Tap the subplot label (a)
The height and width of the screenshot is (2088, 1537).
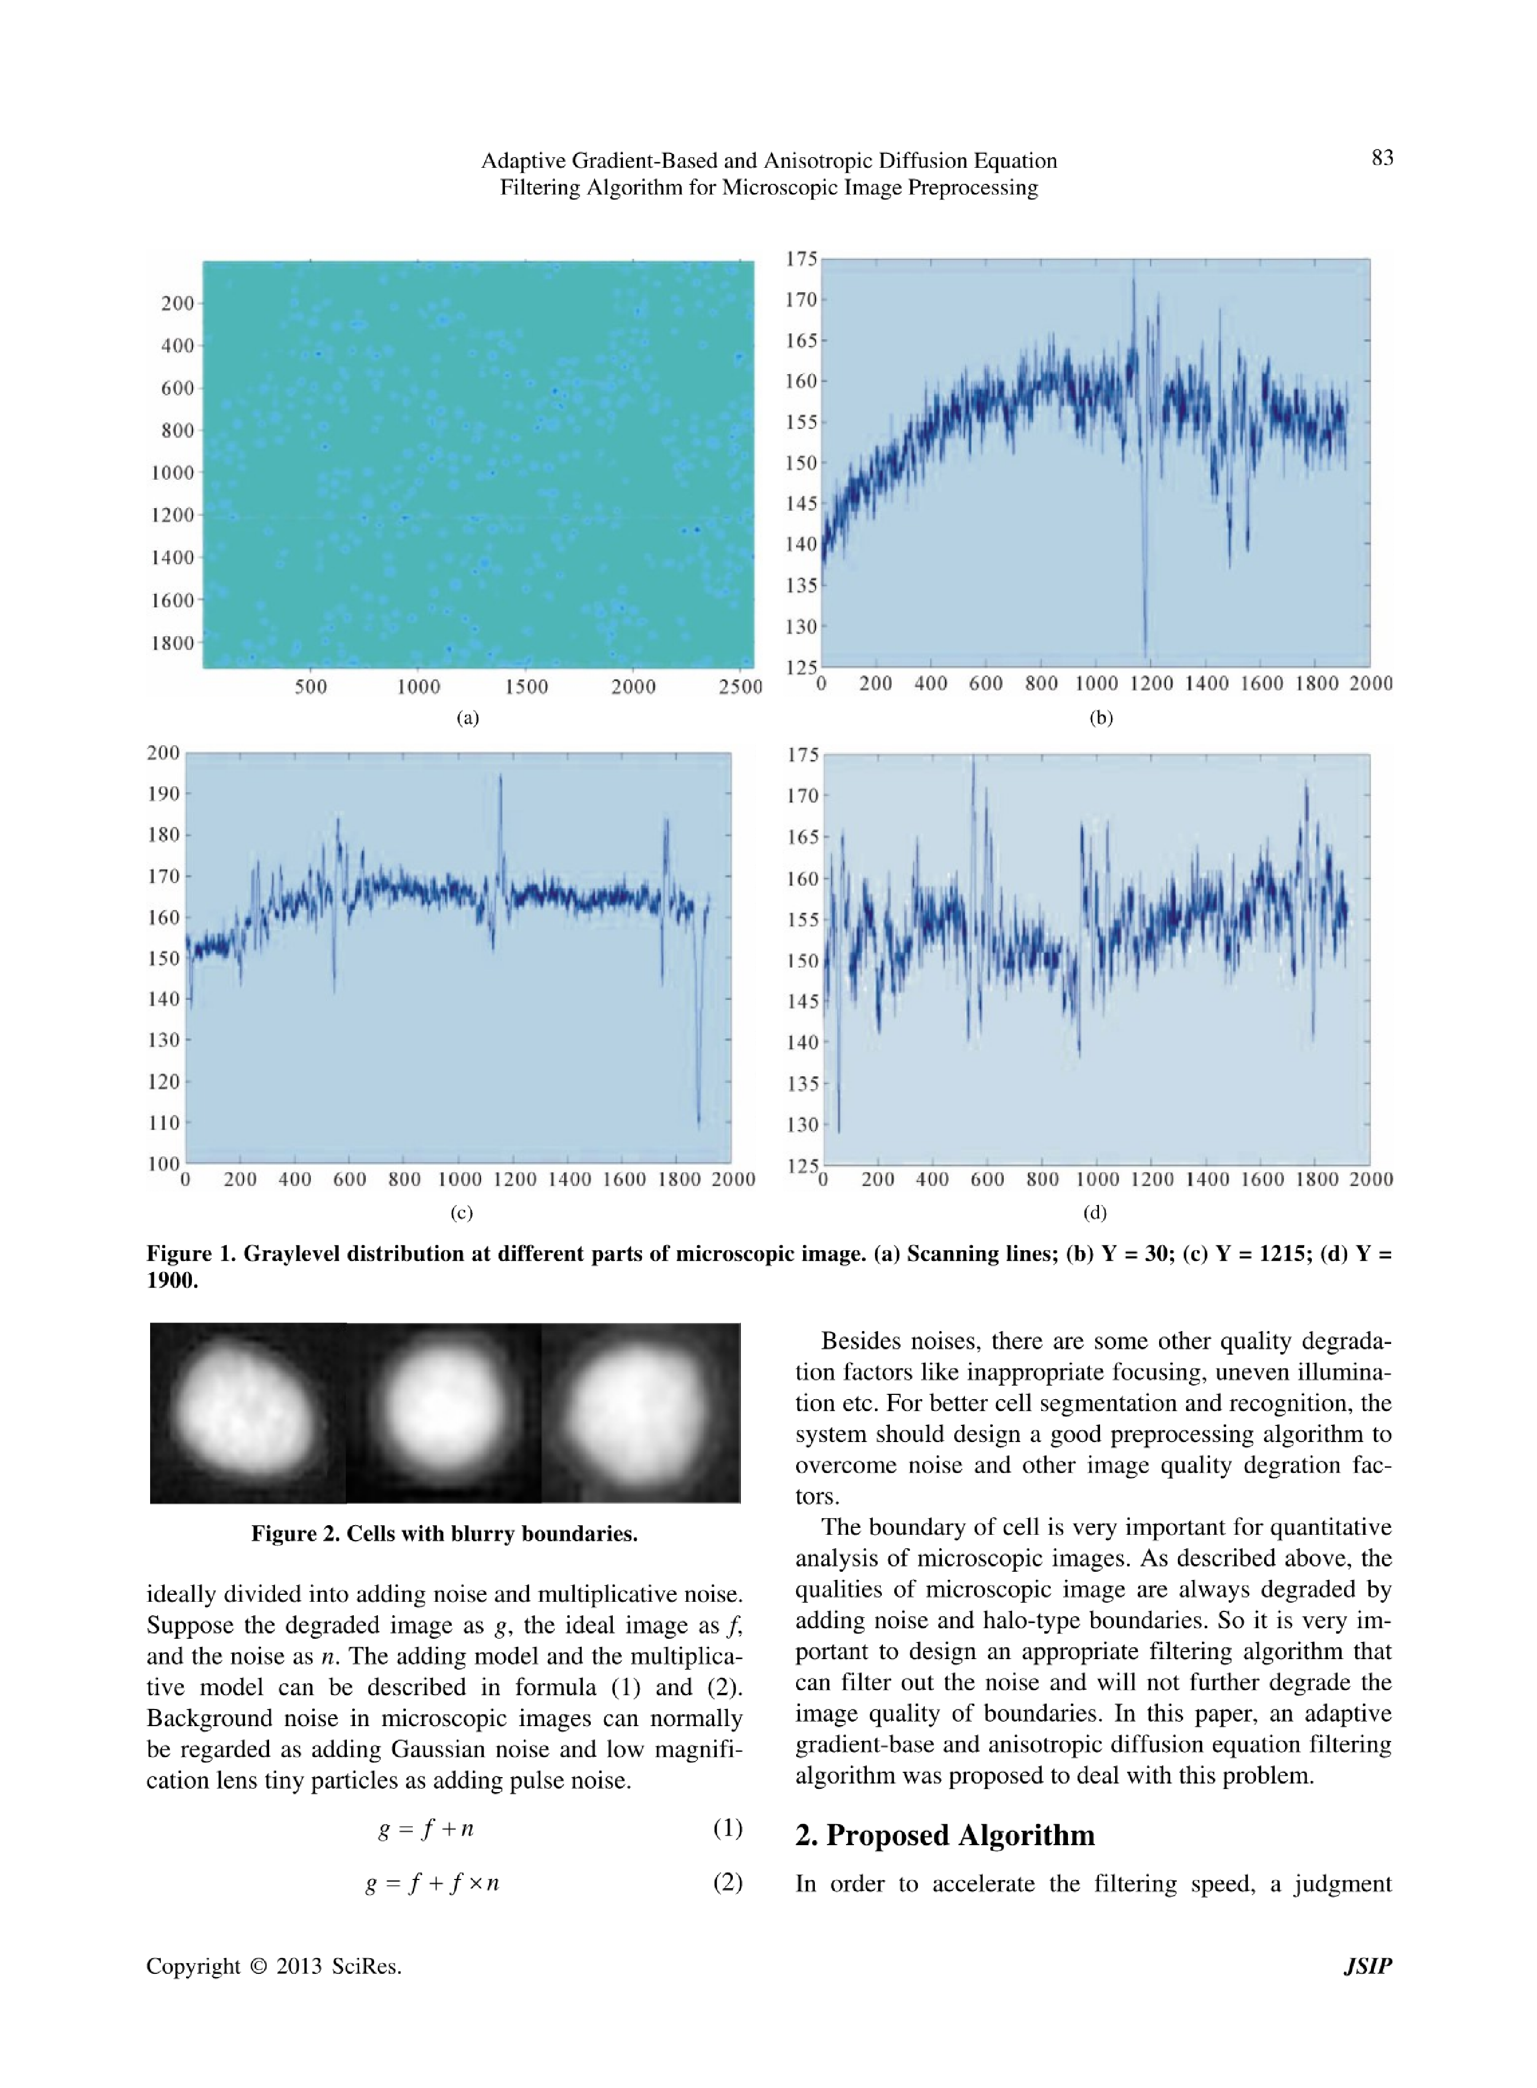pyautogui.click(x=467, y=717)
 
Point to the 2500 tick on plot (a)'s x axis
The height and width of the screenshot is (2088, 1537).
pyautogui.click(x=740, y=687)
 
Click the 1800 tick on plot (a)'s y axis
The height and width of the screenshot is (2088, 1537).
pyautogui.click(x=173, y=643)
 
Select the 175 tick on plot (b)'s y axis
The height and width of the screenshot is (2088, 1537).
pyautogui.click(x=801, y=258)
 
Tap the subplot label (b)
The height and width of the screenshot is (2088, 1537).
pyautogui.click(x=1101, y=717)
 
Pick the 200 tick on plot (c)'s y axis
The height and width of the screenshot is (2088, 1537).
pyautogui.click(x=163, y=753)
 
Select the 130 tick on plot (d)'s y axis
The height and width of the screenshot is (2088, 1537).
pyautogui.click(x=802, y=1125)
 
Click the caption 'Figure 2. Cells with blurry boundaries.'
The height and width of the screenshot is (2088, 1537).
pyautogui.click(x=444, y=1534)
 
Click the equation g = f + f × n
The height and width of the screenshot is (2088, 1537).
pyautogui.click(x=433, y=1883)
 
